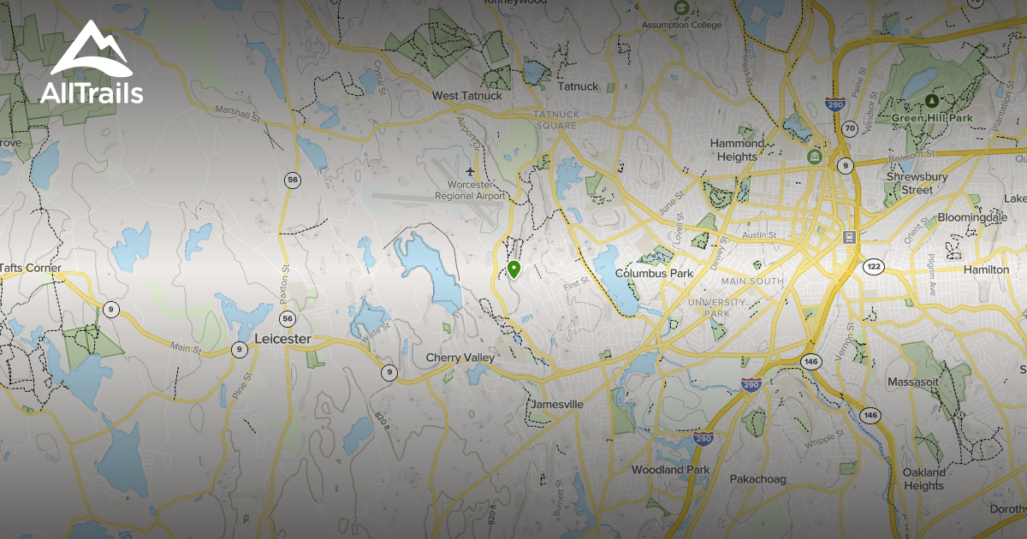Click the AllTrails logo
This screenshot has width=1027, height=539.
click(x=91, y=64)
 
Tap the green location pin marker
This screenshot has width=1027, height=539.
click(x=513, y=270)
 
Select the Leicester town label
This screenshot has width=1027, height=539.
click(x=282, y=340)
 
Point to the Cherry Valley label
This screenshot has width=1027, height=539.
click(x=460, y=358)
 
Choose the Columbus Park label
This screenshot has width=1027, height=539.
click(x=654, y=274)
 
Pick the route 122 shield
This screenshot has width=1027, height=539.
click(x=873, y=267)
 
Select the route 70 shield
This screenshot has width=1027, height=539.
click(x=849, y=128)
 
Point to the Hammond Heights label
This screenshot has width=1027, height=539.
click(x=737, y=150)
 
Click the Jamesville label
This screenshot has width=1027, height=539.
click(x=557, y=404)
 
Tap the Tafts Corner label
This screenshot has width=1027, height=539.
click(x=31, y=268)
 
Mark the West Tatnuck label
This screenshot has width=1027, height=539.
click(x=467, y=96)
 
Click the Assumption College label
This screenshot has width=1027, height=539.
click(x=681, y=25)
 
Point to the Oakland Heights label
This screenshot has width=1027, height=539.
click(x=924, y=479)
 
